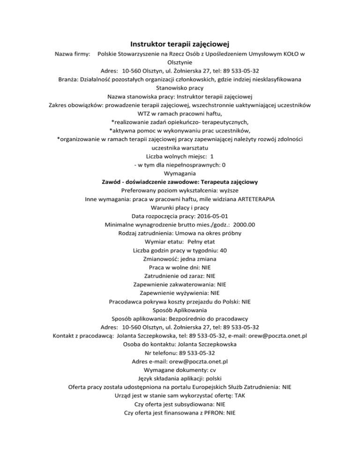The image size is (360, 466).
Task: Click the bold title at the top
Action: pyautogui.click(x=180, y=45)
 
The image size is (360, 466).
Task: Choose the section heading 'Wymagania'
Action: pyautogui.click(x=180, y=173)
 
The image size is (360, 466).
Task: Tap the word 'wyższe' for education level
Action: pyautogui.click(x=229, y=190)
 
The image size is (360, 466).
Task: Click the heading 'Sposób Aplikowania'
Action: pyautogui.click(x=180, y=309)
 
